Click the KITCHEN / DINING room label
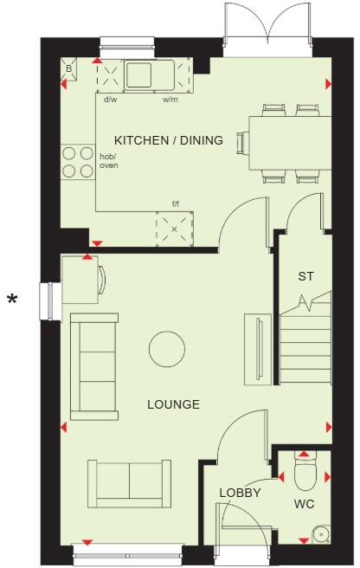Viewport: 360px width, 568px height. [169, 140]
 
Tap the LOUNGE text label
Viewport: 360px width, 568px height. [173, 404]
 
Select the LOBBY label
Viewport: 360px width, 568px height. [240, 492]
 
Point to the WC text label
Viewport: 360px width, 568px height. [304, 503]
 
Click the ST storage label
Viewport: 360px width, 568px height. [305, 277]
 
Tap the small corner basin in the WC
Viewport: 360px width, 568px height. [322, 533]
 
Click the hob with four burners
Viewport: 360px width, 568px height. [78, 162]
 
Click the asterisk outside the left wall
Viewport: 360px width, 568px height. [12, 300]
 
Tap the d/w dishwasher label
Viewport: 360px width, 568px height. [110, 100]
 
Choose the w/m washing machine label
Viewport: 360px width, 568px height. [170, 100]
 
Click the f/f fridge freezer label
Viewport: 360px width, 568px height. [175, 204]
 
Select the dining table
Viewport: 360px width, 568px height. [285, 142]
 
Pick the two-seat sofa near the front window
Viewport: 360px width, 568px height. [128, 481]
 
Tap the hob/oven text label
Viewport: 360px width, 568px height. [107, 161]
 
